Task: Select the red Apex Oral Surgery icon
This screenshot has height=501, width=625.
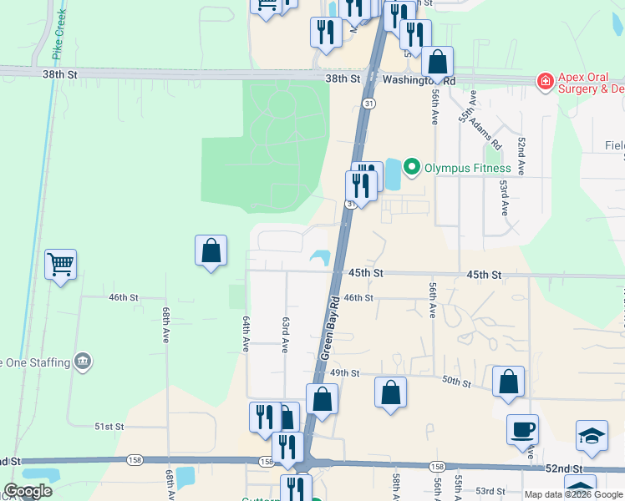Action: coord(545,81)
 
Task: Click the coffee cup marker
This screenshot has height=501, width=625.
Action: coord(523,430)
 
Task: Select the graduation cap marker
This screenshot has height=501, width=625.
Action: coord(592,436)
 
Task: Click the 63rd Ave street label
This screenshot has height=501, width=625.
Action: coord(286,334)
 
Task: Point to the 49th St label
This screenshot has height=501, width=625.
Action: coord(344,372)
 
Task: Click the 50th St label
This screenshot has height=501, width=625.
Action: coord(456,381)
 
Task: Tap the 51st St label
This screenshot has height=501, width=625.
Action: coord(109,426)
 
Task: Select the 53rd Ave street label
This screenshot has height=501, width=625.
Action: coord(504,197)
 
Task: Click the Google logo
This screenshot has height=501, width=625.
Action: coord(28,491)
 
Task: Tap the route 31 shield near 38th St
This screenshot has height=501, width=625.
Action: coord(368,103)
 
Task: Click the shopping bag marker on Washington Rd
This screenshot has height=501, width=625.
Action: coord(437,63)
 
